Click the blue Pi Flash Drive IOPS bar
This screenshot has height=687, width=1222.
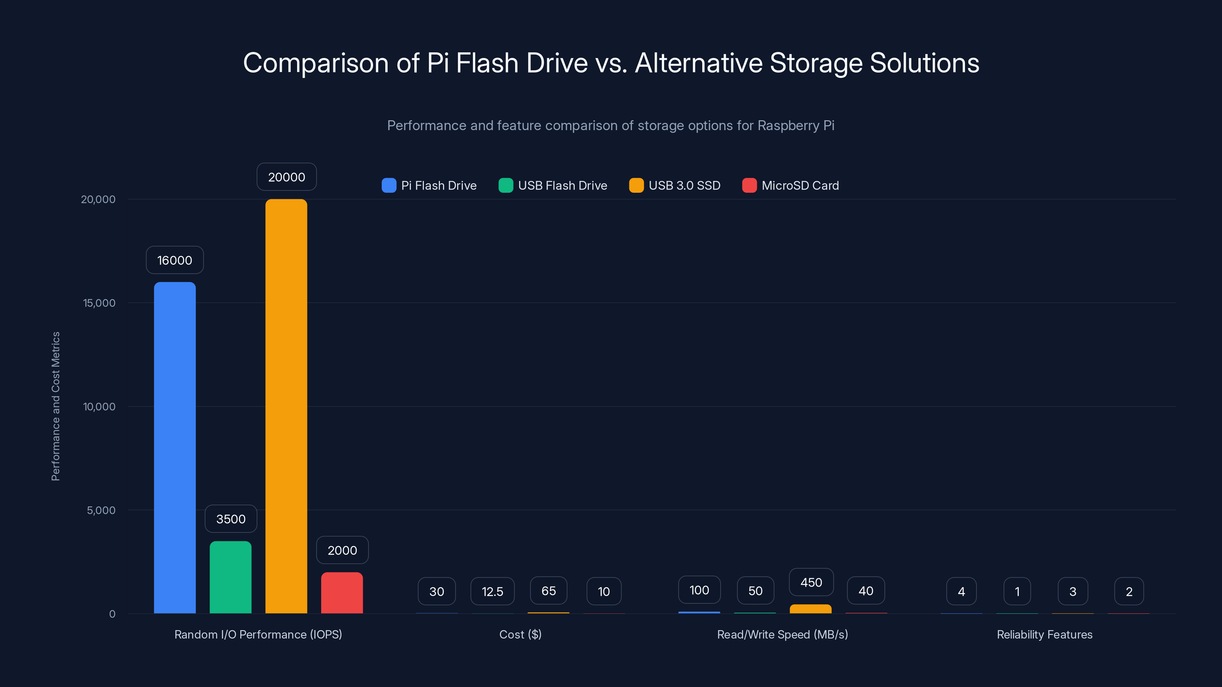175,448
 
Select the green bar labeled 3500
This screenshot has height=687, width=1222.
231,577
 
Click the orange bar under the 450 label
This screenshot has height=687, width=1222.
810,609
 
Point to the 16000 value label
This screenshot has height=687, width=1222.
175,260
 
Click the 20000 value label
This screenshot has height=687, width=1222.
286,177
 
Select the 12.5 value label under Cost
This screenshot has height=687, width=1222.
492,591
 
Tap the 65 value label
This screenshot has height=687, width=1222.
548,590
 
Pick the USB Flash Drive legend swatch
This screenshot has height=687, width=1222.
506,185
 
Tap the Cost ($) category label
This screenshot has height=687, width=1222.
520,634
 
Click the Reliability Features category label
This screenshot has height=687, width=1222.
1044,634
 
